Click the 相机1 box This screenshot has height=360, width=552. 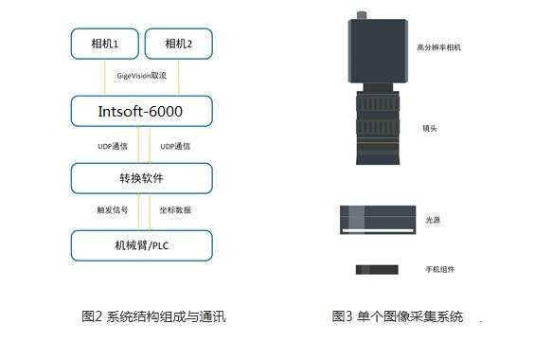point(105,43)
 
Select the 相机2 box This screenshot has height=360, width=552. point(178,43)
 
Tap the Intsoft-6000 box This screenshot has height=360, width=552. point(140,112)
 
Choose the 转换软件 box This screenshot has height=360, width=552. point(140,177)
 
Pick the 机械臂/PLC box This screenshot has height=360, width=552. point(140,245)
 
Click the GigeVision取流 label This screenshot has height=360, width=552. point(140,76)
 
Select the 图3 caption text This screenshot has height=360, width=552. point(398,316)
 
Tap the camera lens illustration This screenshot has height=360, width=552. point(377,123)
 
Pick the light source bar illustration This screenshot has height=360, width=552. point(377,220)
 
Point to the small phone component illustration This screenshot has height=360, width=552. point(377,270)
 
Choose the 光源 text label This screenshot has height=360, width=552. point(433,220)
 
